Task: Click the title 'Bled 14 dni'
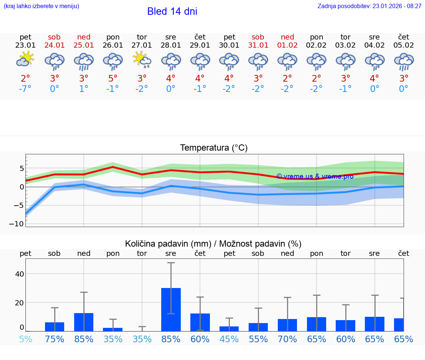point(172,11)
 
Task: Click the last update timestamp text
point(369,6)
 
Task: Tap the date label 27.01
point(142,45)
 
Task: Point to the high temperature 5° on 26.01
point(113,78)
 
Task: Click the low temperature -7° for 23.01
point(25,89)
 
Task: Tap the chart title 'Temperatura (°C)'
point(214,148)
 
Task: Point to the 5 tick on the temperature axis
point(22,168)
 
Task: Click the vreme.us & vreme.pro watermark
point(315,176)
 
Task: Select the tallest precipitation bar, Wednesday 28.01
point(171,309)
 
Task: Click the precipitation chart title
point(213,244)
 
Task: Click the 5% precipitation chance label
point(25,339)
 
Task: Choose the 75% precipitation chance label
point(55,339)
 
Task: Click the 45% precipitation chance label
point(229,339)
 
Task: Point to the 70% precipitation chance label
point(287,339)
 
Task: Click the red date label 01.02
point(287,45)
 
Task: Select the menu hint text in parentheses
point(41,6)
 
